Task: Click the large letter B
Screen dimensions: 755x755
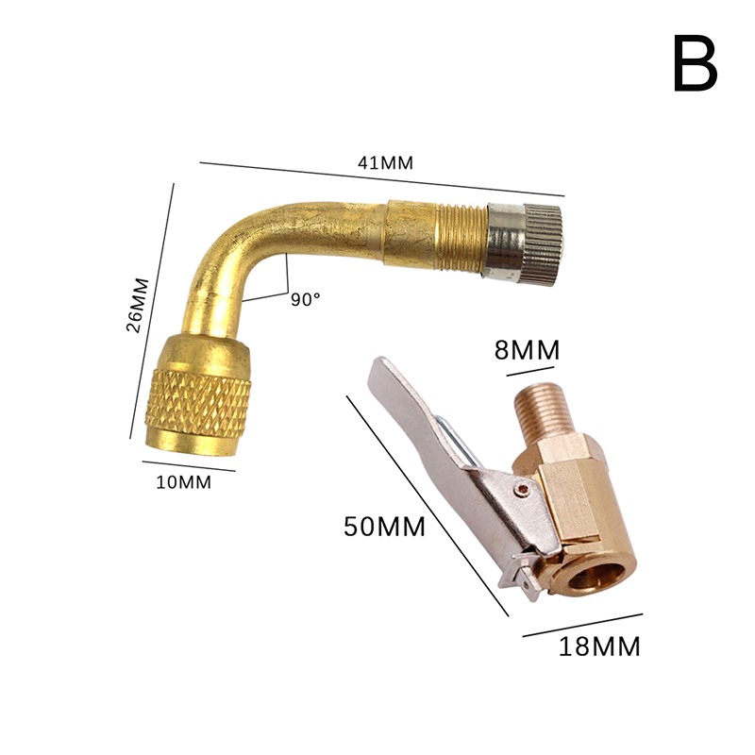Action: click(x=696, y=64)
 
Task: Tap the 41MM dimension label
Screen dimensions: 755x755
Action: click(x=384, y=161)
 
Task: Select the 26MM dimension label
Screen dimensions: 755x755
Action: click(x=138, y=305)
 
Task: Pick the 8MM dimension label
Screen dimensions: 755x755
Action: click(x=528, y=351)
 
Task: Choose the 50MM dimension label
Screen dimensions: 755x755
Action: click(x=384, y=526)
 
